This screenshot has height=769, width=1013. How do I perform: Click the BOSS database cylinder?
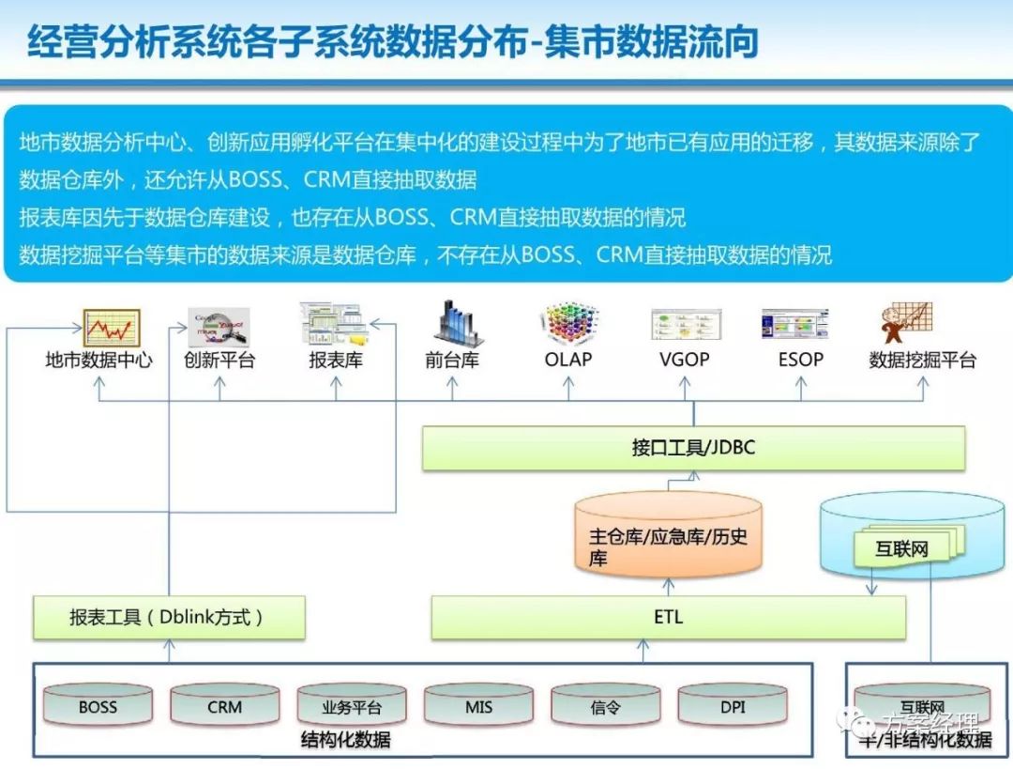98,705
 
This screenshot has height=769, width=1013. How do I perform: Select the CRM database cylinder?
224,705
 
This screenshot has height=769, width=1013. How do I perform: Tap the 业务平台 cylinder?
352,706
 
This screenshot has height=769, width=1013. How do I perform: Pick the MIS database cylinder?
478,705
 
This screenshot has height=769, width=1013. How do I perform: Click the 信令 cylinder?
605,706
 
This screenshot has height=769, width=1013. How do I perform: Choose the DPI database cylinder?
733,705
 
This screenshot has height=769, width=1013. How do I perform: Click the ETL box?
668,617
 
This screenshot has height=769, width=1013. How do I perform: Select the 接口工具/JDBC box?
693,447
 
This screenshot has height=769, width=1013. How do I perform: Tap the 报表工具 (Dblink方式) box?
169,617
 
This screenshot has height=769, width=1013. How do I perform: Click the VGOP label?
684,360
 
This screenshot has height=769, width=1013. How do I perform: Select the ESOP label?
800,360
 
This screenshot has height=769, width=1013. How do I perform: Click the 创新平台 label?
219,361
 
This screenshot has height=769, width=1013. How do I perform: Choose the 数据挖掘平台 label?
923,361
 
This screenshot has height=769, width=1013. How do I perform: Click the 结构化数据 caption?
345,740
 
